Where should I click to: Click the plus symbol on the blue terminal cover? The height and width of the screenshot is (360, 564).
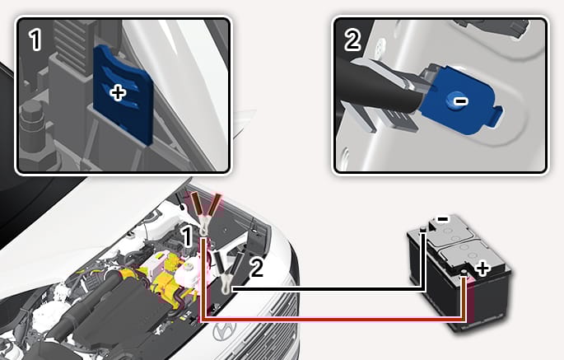118,94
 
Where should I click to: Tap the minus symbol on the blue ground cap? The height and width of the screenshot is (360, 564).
460,101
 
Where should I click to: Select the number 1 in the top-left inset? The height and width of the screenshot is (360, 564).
35,40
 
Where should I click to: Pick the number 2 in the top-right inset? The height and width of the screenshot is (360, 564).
352,40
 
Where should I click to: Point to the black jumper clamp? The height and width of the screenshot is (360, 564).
228,269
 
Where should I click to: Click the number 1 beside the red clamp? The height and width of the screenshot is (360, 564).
187,236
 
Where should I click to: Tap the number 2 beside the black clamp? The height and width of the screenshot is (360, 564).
256,268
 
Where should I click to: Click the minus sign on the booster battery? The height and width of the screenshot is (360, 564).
442,218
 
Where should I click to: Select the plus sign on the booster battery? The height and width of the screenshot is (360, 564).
482,269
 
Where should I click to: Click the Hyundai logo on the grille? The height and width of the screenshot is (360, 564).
224,330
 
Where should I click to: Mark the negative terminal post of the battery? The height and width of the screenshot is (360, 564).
424,230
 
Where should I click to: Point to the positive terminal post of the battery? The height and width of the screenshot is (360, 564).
464,274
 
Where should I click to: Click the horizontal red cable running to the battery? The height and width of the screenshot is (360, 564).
333,320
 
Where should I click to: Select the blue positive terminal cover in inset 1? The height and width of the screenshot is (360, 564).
123,95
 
